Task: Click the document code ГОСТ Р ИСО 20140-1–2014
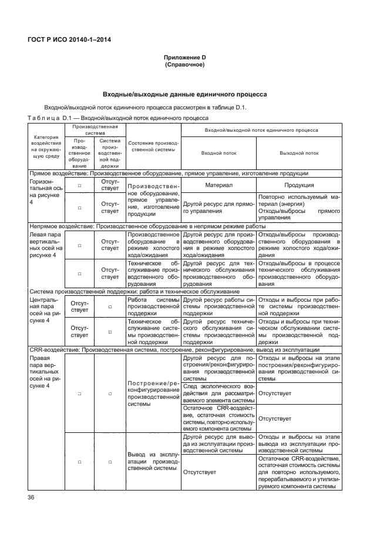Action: [69, 39]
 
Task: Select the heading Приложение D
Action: [184, 58]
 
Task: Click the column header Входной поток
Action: [218, 153]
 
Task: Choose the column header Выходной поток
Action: [299, 153]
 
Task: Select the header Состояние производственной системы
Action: [152, 146]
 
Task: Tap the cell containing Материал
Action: [218, 185]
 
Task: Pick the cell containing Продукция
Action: [299, 185]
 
